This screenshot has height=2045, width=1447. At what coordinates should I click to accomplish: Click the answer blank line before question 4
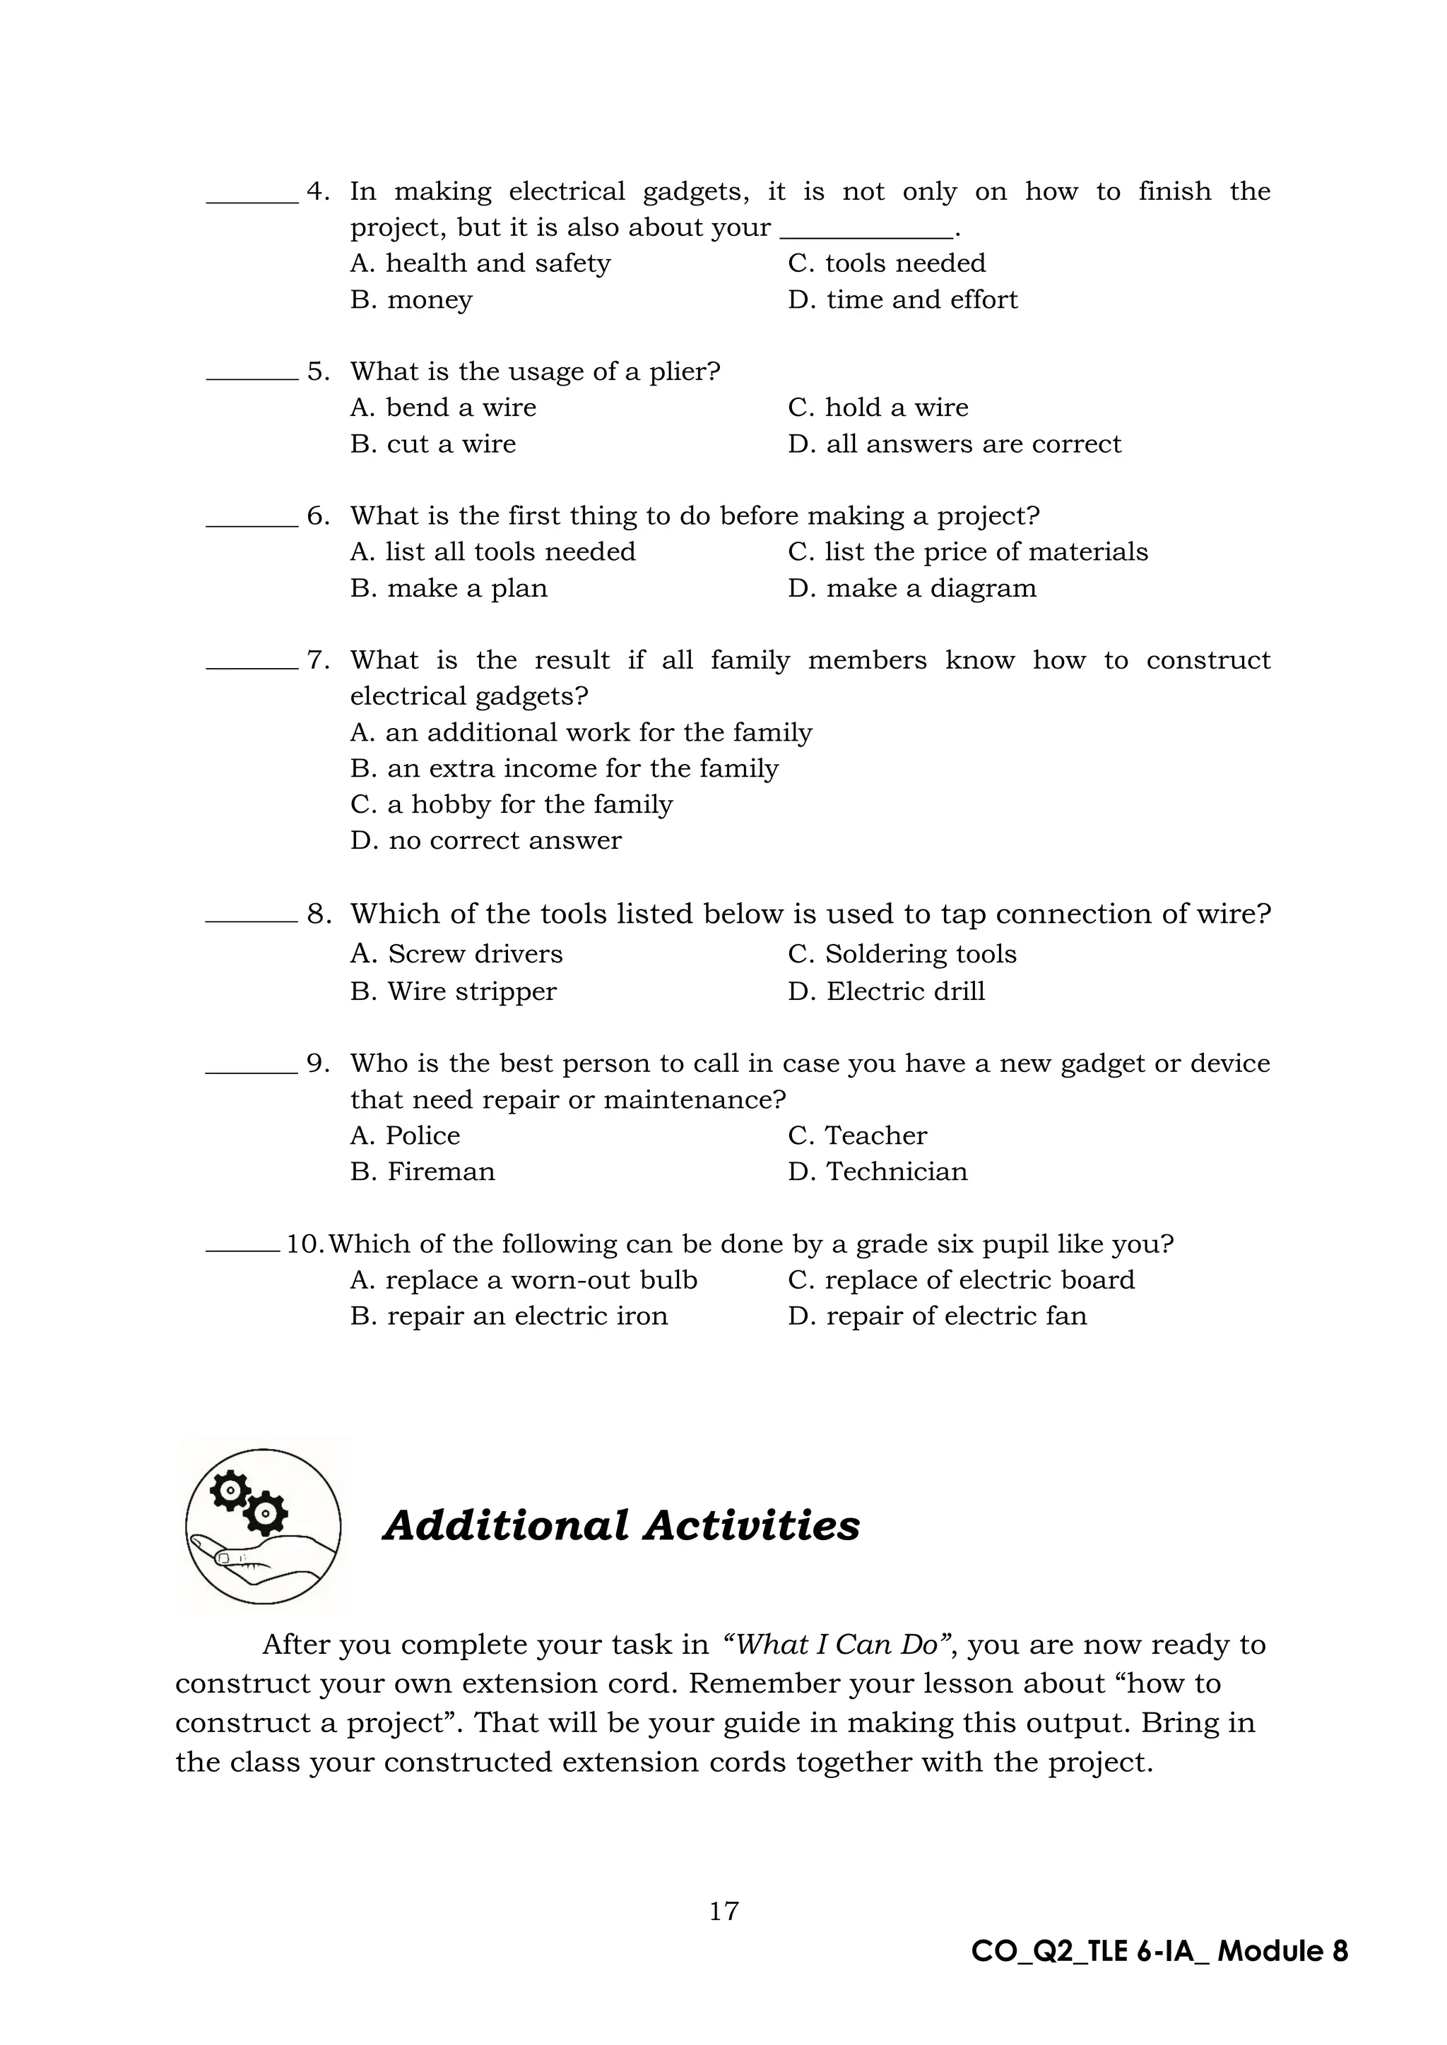252,201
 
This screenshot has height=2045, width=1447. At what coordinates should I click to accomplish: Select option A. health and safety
480,263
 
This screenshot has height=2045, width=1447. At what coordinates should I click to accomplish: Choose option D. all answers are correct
955,443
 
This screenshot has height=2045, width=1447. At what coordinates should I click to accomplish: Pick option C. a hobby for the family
512,804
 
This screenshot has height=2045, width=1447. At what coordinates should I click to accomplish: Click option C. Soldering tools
902,954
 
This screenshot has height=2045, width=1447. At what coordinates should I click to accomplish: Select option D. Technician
878,1171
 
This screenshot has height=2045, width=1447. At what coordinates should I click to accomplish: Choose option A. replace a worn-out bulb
524,1280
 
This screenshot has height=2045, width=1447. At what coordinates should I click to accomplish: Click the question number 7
318,660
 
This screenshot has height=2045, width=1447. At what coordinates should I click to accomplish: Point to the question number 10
305,1244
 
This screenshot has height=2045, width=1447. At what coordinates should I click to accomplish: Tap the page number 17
723,1911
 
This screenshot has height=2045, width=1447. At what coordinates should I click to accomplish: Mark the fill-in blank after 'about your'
866,229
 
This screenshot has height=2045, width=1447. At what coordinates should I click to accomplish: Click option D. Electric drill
887,991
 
